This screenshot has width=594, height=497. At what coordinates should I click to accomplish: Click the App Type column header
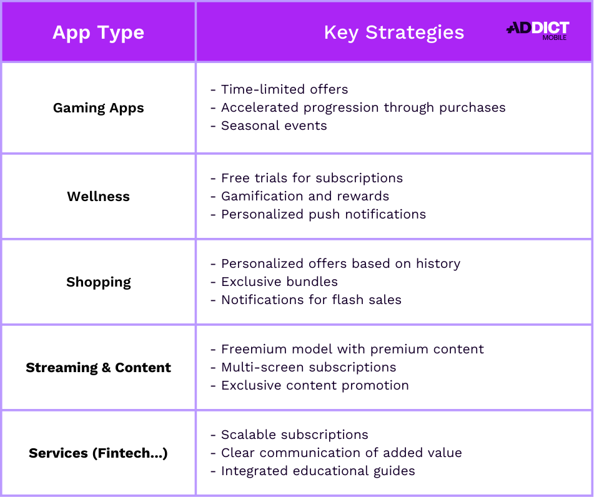[x=98, y=32]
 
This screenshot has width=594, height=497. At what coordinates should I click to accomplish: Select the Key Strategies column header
[x=394, y=32]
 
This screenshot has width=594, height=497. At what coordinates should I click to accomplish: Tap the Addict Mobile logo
[x=538, y=30]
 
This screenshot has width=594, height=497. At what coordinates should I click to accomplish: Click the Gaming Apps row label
[x=98, y=108]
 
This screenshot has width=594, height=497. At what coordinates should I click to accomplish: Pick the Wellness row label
[x=98, y=197]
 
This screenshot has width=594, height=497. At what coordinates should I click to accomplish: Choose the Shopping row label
[x=98, y=282]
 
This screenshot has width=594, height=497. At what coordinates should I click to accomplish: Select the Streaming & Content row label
[x=98, y=368]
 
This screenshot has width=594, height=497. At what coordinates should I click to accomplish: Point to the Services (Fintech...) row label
[x=98, y=453]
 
